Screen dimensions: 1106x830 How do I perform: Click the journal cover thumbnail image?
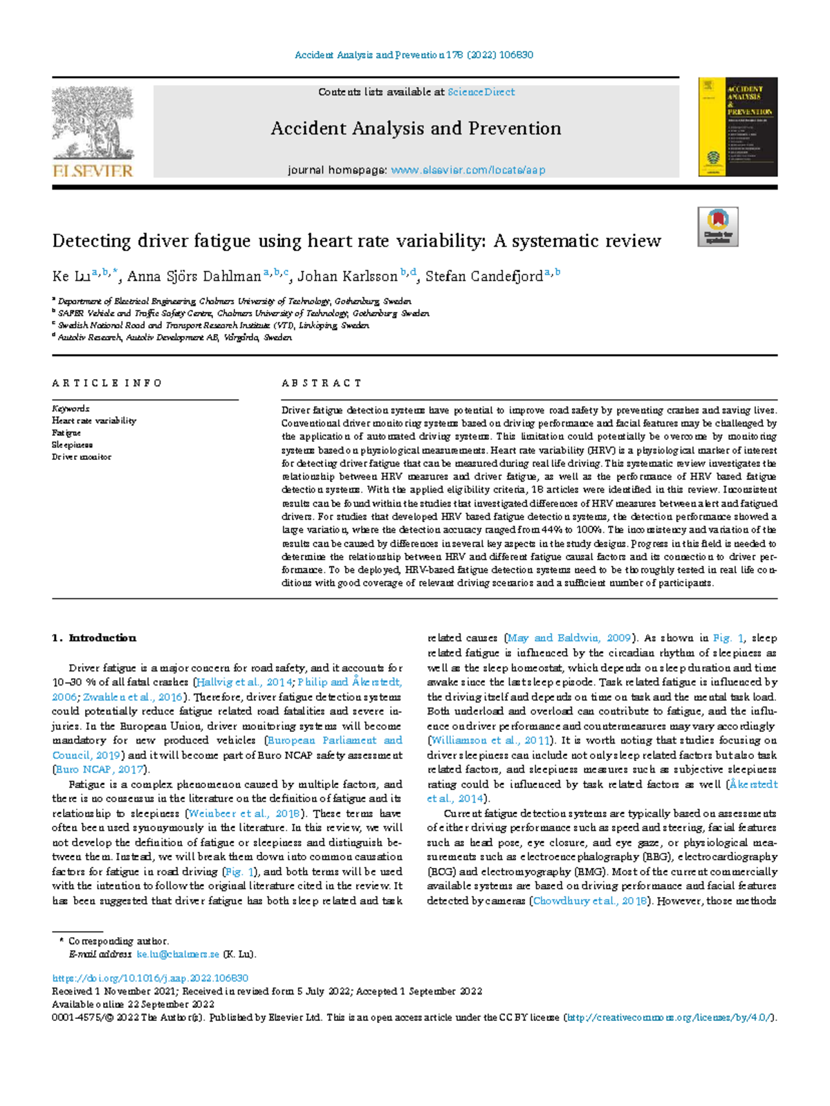738,127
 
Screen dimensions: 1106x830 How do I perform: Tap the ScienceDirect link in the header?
481,92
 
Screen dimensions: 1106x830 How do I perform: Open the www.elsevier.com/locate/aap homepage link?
468,170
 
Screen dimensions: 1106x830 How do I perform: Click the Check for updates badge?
717,227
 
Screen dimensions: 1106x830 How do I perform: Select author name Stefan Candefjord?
483,277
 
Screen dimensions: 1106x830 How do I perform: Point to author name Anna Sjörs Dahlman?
194,277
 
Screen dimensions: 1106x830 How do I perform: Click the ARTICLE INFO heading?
107,383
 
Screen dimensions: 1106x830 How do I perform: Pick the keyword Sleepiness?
72,445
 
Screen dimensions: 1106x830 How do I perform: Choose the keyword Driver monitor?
81,457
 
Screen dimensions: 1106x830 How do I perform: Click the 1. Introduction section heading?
94,638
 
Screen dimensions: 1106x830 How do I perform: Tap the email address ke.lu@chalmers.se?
178,955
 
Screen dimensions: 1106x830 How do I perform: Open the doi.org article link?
150,978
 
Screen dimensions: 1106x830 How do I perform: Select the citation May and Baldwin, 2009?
569,638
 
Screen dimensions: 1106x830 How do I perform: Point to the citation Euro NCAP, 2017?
100,769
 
